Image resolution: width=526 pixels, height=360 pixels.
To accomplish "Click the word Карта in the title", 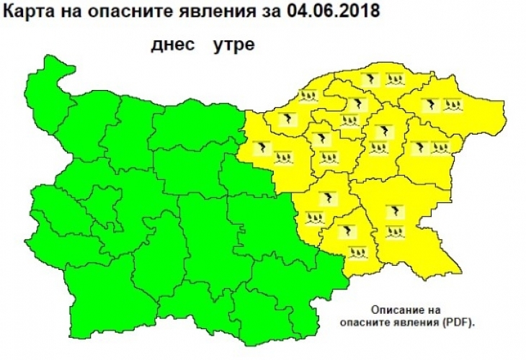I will pyautogui.click(x=24, y=12).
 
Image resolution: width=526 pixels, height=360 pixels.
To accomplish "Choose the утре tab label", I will pyautogui.click(x=232, y=44).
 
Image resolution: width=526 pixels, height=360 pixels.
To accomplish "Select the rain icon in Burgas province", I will pyautogui.click(x=394, y=232).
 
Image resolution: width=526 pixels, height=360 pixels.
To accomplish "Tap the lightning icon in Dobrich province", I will pyautogui.click(x=431, y=104).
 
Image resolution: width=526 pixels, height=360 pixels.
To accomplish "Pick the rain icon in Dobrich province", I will pyautogui.click(x=454, y=105).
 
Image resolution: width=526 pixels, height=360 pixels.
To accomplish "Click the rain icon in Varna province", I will pyautogui.click(x=441, y=148).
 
